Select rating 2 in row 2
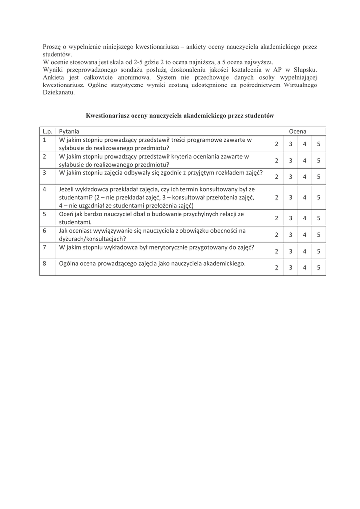point(276,160)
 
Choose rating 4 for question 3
point(304,176)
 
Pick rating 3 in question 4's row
point(290,197)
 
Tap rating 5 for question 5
point(318,218)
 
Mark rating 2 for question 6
point(276,234)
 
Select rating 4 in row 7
point(304,251)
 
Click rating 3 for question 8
point(290,267)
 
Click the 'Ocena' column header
point(298,131)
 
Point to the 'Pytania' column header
point(69,131)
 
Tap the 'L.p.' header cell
point(48,131)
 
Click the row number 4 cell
point(45,189)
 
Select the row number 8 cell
point(45,263)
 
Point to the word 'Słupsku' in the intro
point(304,70)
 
